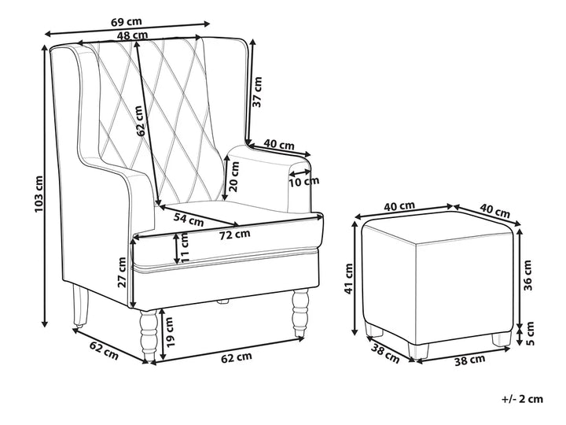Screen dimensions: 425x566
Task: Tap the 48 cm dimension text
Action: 131,35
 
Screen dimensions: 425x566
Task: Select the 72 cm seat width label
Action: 235,233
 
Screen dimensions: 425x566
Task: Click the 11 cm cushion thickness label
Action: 186,249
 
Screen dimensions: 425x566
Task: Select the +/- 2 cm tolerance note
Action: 521,399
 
